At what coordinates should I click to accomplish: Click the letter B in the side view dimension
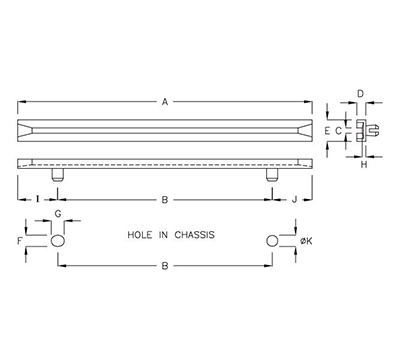click(165, 199)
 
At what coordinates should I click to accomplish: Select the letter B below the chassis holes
click(165, 266)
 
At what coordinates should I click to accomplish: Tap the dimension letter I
click(36, 199)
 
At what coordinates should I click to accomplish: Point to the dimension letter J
click(294, 199)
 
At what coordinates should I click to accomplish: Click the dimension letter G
click(58, 215)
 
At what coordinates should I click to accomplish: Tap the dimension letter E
click(327, 131)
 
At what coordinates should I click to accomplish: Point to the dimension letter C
click(339, 131)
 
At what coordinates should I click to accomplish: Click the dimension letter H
click(363, 166)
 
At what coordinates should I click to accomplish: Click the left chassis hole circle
click(58, 241)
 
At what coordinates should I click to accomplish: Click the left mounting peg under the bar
click(58, 175)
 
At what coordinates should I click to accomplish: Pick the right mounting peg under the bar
click(272, 175)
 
